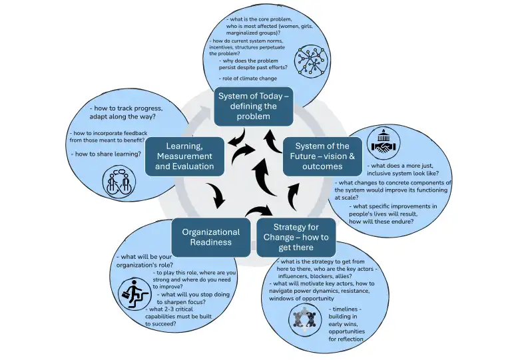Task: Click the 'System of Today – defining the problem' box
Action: click(x=254, y=106)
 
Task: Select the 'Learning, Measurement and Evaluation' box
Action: click(x=184, y=156)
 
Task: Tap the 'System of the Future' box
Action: click(x=322, y=156)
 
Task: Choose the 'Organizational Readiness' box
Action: click(x=211, y=237)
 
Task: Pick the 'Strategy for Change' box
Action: click(x=296, y=237)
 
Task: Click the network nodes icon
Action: click(x=311, y=61)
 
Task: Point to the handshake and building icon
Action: click(x=384, y=143)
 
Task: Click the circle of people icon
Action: click(x=305, y=319)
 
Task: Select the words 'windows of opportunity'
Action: click(x=302, y=298)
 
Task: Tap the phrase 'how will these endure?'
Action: click(x=382, y=222)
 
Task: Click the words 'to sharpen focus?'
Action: click(x=181, y=302)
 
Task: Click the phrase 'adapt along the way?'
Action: click(x=123, y=116)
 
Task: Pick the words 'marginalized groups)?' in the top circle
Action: click(x=252, y=33)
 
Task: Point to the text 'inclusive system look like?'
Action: click(x=403, y=174)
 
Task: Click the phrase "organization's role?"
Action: click(x=144, y=266)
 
